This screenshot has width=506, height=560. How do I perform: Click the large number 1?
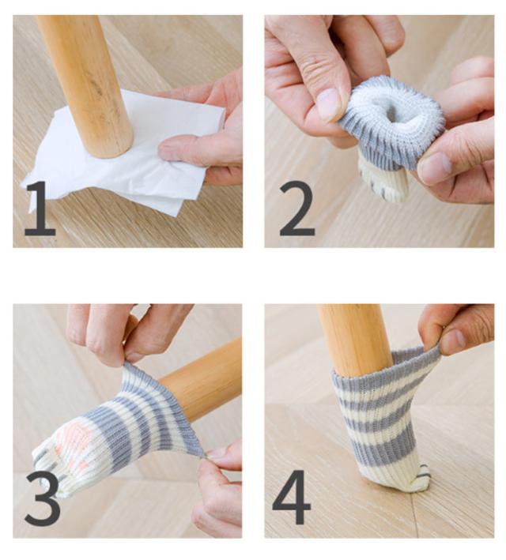pos(41,209)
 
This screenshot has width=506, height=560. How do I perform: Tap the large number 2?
pos(296,209)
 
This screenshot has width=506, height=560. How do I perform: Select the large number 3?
pos(43,498)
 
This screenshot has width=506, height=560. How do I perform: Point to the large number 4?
pos(292,497)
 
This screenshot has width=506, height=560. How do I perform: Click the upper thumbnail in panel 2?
pos(328,104)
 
